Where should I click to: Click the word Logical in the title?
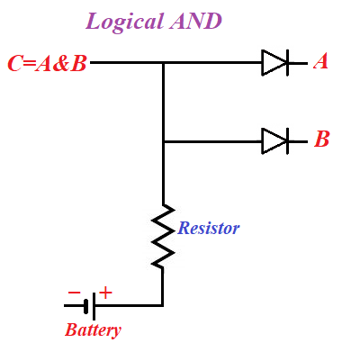(x=124, y=23)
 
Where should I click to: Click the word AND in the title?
(x=195, y=21)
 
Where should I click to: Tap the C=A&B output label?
(x=47, y=64)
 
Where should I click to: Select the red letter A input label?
(x=320, y=62)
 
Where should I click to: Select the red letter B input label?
(x=322, y=139)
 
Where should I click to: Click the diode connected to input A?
(x=275, y=63)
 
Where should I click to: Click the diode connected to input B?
(x=275, y=141)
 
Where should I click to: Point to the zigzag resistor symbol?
(x=163, y=236)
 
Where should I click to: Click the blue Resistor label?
(x=209, y=228)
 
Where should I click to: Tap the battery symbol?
(x=90, y=306)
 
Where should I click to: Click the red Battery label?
(x=93, y=330)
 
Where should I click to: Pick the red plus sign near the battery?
(x=105, y=293)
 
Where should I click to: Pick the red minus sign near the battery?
(x=74, y=293)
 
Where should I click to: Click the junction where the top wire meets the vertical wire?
(x=163, y=63)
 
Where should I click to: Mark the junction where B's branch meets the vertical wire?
(x=163, y=141)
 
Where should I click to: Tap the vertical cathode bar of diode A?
(x=287, y=63)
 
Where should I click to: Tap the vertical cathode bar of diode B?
(x=287, y=141)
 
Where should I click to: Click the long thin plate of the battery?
(x=94, y=306)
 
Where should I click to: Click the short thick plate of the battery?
(x=86, y=306)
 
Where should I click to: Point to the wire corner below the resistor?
(x=163, y=306)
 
